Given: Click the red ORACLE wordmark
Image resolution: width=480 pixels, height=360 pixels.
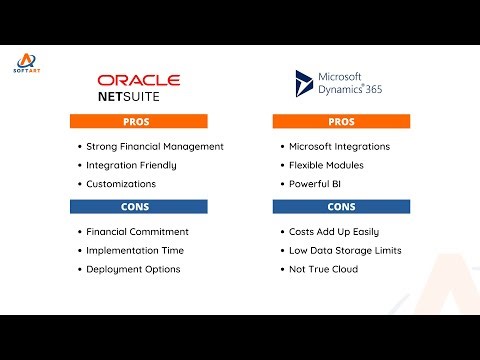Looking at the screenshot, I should (x=138, y=80).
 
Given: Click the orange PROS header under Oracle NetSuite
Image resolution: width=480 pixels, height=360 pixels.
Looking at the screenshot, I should (x=138, y=122).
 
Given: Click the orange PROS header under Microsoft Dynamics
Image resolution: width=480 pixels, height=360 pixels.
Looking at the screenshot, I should (x=341, y=122).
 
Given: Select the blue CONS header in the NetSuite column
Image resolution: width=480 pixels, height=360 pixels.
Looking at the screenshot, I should (x=138, y=207).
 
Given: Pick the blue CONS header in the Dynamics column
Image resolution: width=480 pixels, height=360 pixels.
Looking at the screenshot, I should (x=341, y=207).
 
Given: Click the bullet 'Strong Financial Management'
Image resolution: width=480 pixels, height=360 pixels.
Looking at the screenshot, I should (x=154, y=146).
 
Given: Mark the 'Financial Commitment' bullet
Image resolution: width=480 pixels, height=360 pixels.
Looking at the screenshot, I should (x=137, y=231).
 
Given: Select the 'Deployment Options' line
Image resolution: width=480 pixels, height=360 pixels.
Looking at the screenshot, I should (x=133, y=269).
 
